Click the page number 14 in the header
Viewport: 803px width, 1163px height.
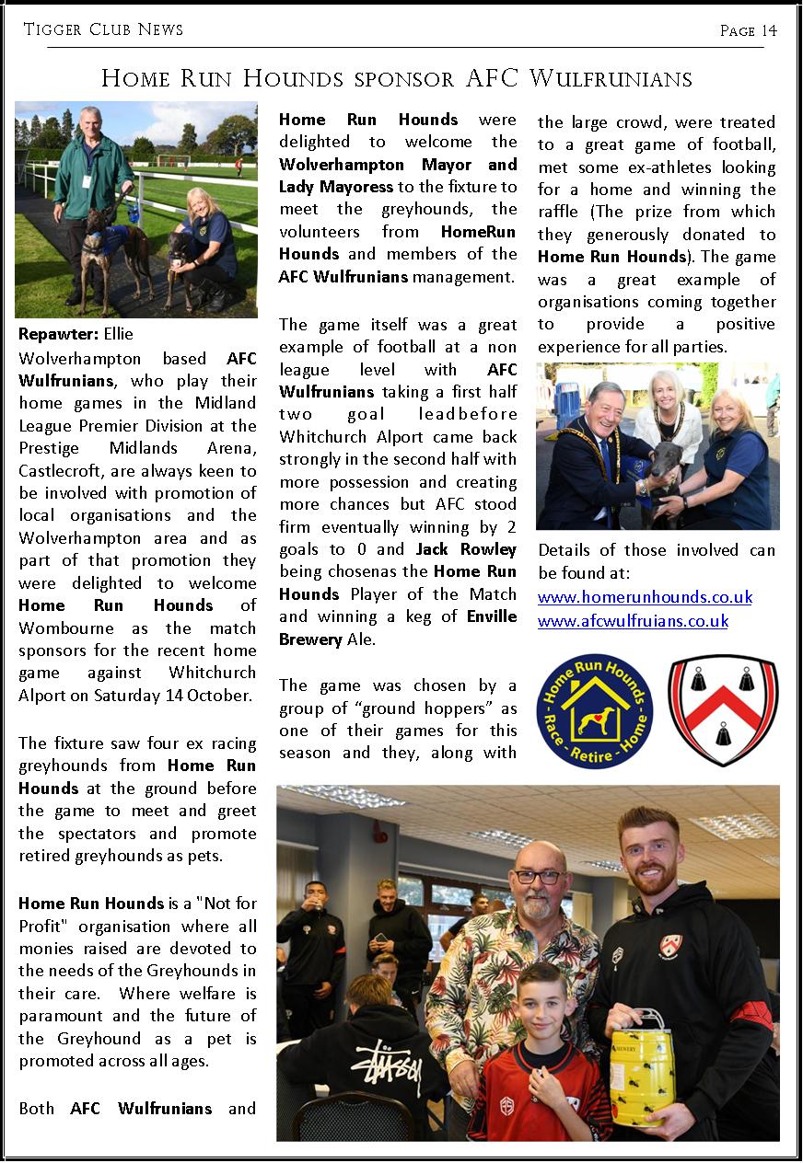(768, 31)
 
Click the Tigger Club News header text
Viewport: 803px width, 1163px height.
(103, 30)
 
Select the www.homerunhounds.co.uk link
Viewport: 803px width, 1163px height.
(645, 597)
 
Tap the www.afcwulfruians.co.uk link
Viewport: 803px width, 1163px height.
(633, 621)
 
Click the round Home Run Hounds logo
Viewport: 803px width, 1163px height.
(594, 711)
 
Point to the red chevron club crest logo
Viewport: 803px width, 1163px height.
(723, 710)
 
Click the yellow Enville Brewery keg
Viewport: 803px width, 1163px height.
(642, 1067)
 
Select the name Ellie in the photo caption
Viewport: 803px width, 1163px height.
(119, 332)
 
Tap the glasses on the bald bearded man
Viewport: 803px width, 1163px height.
(539, 877)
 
